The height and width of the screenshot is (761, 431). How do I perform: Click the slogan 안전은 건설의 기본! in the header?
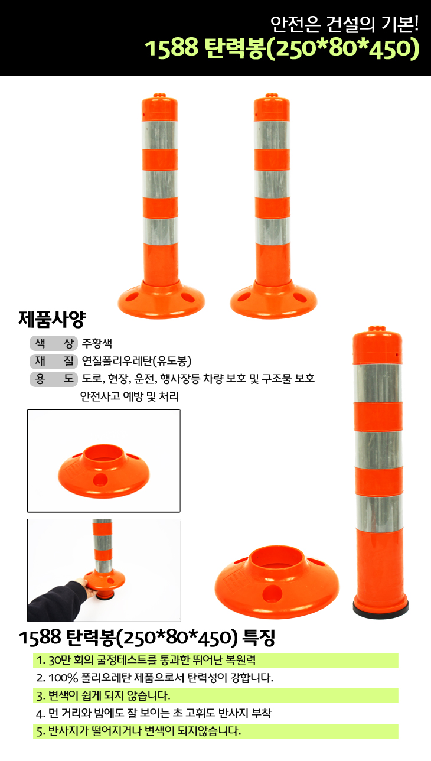344,24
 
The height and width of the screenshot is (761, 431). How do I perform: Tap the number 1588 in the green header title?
171,47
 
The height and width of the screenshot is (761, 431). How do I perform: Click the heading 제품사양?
52,319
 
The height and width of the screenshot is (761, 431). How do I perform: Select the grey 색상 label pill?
54,343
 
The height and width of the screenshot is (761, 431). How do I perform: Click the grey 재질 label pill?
54,361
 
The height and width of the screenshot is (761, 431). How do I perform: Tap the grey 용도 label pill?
54,379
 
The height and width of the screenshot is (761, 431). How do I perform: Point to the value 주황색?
97,343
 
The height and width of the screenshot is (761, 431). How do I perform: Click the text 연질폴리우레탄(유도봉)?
137,361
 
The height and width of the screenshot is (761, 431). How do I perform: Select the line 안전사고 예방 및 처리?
129,396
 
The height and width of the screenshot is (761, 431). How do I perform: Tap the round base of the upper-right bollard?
273,300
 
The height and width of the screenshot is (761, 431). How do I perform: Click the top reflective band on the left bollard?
160,135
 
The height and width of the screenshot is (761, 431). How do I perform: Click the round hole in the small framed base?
100,480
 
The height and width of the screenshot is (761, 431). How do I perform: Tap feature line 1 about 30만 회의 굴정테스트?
146,660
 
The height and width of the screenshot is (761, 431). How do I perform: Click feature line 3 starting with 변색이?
103,695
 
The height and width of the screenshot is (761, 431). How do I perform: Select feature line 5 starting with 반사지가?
139,731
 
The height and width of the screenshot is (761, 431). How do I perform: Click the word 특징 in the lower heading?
258,638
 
